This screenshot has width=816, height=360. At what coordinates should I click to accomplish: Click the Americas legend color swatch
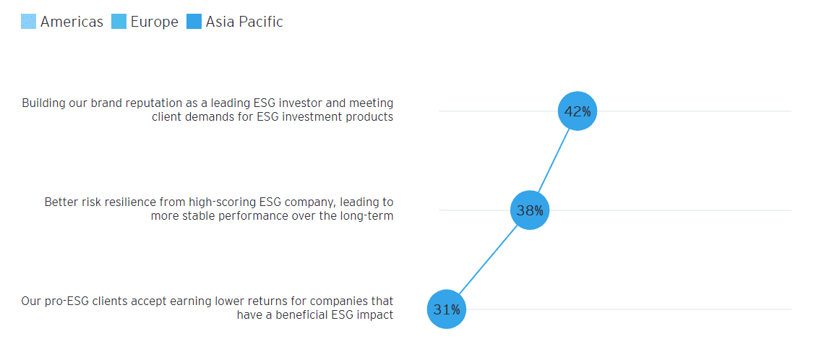(x=29, y=22)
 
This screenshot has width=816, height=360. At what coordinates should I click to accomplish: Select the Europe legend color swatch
(x=119, y=22)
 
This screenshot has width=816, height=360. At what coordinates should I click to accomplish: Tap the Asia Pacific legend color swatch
(x=194, y=22)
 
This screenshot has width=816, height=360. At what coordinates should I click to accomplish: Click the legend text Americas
(x=72, y=22)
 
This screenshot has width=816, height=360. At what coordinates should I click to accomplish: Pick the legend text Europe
(x=154, y=22)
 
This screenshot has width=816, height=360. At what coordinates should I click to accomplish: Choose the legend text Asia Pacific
(x=244, y=22)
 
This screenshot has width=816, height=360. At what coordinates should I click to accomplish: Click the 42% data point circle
(x=577, y=111)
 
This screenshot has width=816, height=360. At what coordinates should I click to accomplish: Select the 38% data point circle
(x=530, y=210)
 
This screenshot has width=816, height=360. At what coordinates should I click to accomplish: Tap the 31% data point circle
(x=447, y=309)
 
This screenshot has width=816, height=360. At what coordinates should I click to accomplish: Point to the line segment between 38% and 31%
(x=489, y=260)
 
